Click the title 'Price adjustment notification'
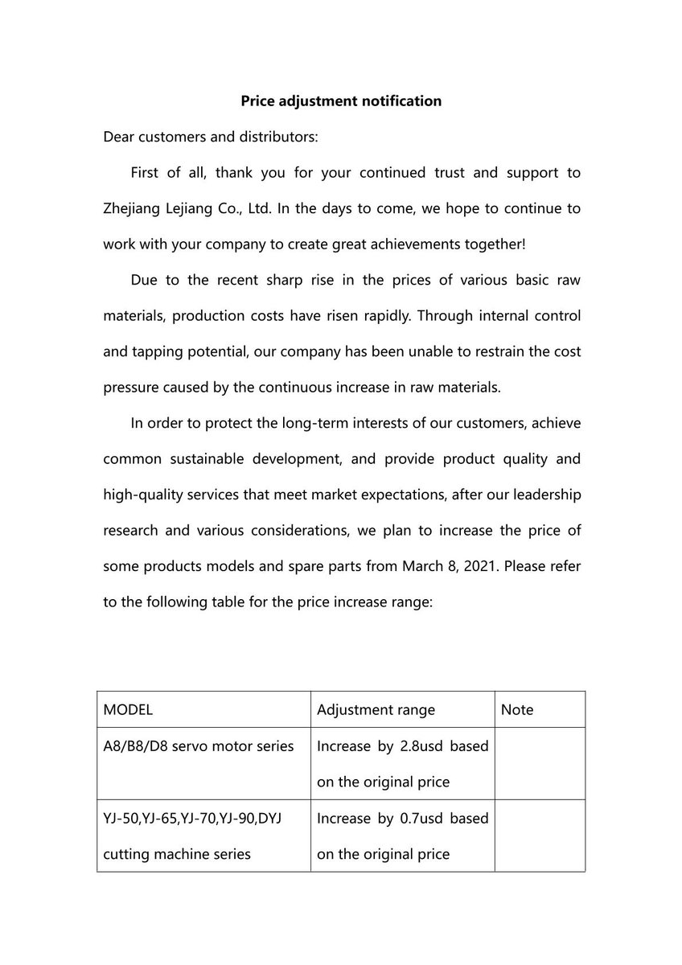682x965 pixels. (x=341, y=101)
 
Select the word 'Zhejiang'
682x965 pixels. (x=133, y=208)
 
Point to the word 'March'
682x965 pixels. (x=417, y=565)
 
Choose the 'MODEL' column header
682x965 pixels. (x=128, y=710)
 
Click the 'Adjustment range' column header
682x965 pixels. (x=376, y=710)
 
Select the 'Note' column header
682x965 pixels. (x=516, y=710)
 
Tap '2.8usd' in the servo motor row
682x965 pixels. (x=421, y=746)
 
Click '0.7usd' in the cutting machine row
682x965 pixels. (x=421, y=819)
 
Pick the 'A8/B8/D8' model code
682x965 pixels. (x=134, y=746)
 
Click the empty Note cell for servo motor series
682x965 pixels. (x=539, y=763)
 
